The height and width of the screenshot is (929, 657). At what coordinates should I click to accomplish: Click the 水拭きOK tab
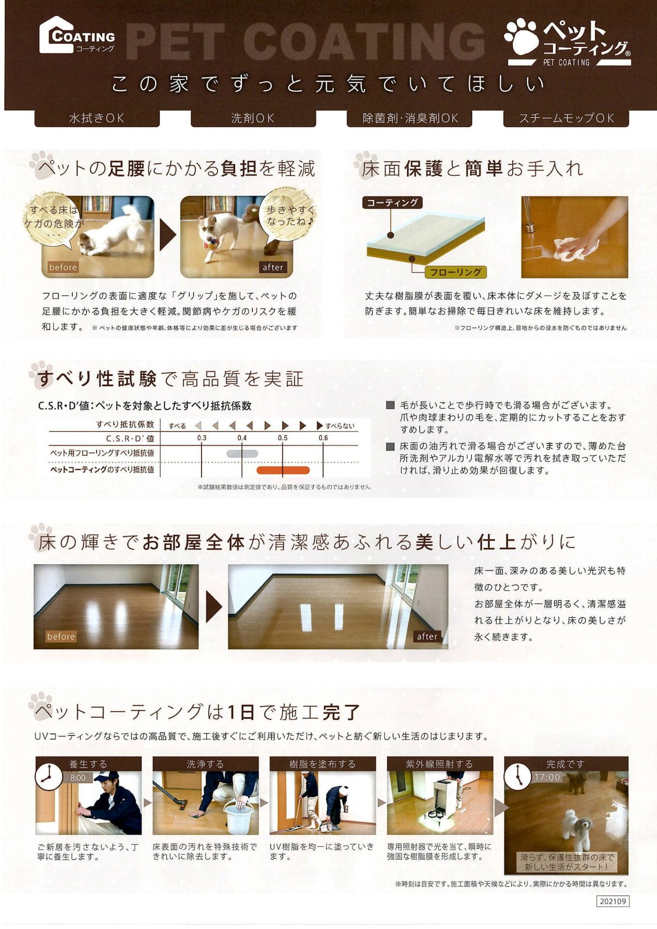pyautogui.click(x=97, y=118)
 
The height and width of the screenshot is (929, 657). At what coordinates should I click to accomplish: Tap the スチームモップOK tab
pyautogui.click(x=566, y=118)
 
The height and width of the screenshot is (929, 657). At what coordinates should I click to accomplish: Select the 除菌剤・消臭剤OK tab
pyautogui.click(x=410, y=118)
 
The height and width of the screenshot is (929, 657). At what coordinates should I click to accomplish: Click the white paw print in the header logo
pyautogui.click(x=521, y=36)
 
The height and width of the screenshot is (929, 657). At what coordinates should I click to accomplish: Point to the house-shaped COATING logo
pyautogui.click(x=77, y=35)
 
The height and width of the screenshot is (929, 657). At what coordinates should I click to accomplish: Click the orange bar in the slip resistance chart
pyautogui.click(x=283, y=470)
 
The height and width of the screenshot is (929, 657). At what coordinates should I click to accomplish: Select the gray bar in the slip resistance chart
pyautogui.click(x=242, y=453)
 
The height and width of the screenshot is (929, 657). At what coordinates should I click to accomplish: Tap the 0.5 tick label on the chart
pyautogui.click(x=282, y=437)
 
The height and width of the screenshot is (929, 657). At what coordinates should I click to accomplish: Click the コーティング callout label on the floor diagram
pyautogui.click(x=392, y=202)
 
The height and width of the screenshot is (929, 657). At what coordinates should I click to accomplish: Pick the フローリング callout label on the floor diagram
pyautogui.click(x=455, y=272)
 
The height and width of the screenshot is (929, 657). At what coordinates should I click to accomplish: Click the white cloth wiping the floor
pyautogui.click(x=573, y=249)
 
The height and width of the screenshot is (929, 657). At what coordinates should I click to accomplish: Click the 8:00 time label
pyautogui.click(x=78, y=778)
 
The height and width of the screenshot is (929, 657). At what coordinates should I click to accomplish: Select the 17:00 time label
pyautogui.click(x=547, y=777)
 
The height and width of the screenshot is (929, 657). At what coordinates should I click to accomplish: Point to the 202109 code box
pyautogui.click(x=613, y=901)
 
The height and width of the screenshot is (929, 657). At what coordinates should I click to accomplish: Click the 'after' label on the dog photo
pyautogui.click(x=273, y=267)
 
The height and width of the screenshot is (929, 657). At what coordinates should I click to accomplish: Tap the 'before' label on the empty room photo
pyautogui.click(x=61, y=636)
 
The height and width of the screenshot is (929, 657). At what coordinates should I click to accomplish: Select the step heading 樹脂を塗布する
pyautogui.click(x=322, y=764)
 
